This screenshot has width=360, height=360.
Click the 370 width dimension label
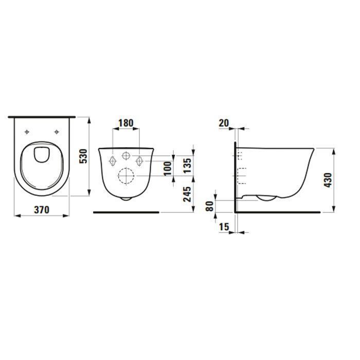pyautogui.click(x=42, y=209)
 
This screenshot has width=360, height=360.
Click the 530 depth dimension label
pyautogui.click(x=83, y=156)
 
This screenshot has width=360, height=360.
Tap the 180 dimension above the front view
pyautogui.click(x=126, y=123)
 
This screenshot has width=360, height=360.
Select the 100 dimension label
pyautogui.click(x=168, y=168)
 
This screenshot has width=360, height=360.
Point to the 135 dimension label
pyautogui.click(x=187, y=166)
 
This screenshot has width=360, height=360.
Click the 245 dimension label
pyautogui.click(x=187, y=194)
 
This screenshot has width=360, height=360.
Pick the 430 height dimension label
pyautogui.click(x=328, y=180)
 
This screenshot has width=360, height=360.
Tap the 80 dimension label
pyautogui.click(x=210, y=206)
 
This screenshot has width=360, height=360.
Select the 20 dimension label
pyautogui.click(x=224, y=123)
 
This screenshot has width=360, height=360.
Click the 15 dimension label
pyautogui.click(x=224, y=227)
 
